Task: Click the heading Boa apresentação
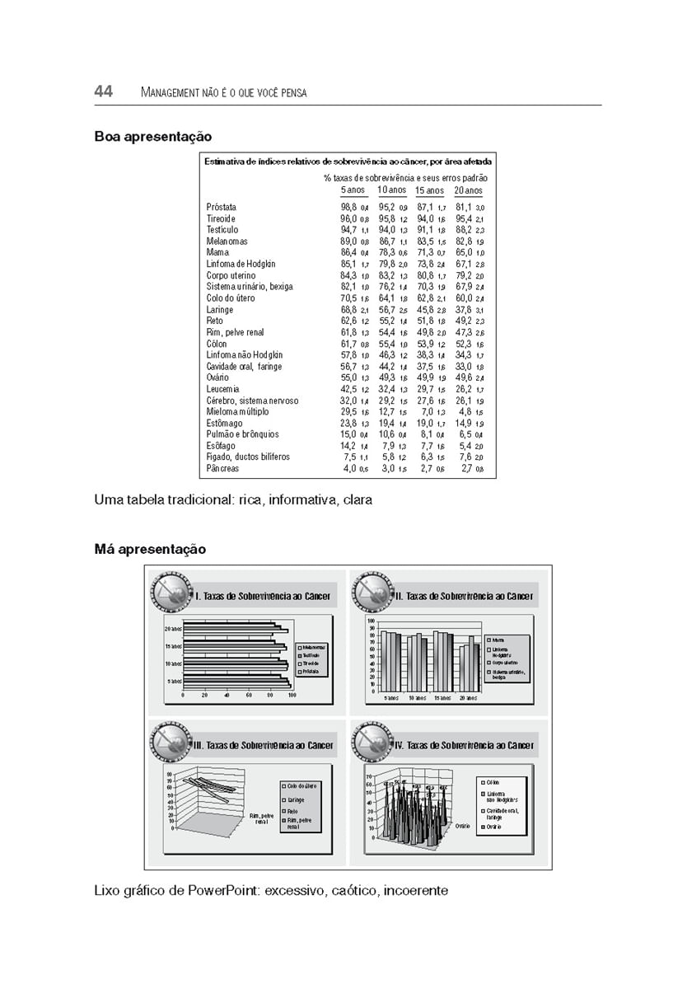(152, 137)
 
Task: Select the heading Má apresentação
(150, 549)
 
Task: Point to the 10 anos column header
(393, 190)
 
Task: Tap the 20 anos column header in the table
(469, 190)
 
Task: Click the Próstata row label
(222, 207)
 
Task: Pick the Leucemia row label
(223, 389)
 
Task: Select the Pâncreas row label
(222, 468)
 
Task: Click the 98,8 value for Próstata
(348, 207)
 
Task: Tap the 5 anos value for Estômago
(348, 423)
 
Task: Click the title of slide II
(464, 596)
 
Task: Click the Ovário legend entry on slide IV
(495, 826)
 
